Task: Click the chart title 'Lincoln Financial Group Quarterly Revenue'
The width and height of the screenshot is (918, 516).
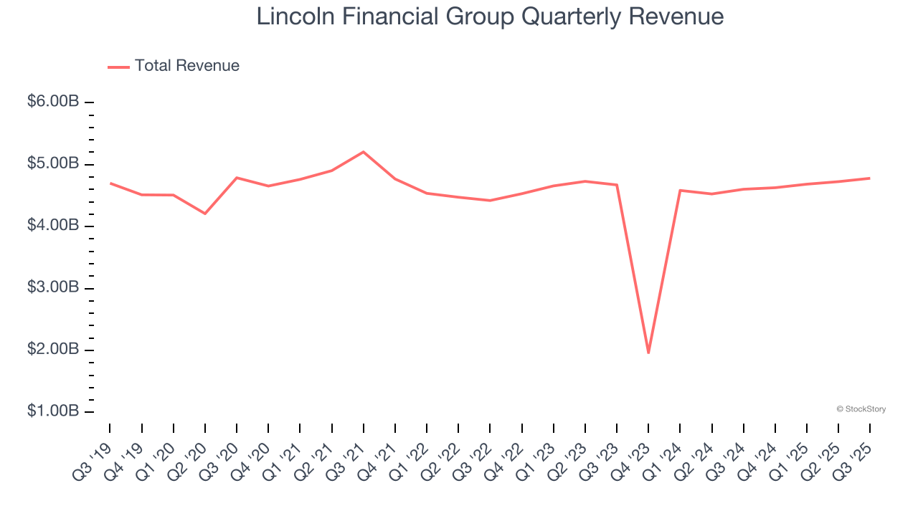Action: (490, 16)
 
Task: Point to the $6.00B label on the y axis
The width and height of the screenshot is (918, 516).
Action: (53, 102)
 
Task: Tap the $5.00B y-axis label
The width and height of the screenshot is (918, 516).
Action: (53, 164)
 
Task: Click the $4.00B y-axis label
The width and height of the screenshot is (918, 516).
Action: (53, 226)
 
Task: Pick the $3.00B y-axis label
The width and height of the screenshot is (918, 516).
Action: (53, 288)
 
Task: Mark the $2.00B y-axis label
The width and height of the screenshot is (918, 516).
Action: (53, 350)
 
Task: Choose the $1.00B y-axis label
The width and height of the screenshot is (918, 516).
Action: (53, 411)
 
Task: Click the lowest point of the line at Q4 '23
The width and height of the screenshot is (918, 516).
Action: (648, 353)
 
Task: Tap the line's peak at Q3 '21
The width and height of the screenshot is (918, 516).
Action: (364, 152)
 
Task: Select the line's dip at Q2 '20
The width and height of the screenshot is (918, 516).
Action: (205, 214)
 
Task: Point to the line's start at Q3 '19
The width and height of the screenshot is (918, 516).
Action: (110, 183)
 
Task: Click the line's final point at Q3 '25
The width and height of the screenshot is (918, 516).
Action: (870, 178)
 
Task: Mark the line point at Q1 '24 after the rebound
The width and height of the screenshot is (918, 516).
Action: (680, 190)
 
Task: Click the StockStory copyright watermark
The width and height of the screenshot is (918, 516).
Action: (861, 409)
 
